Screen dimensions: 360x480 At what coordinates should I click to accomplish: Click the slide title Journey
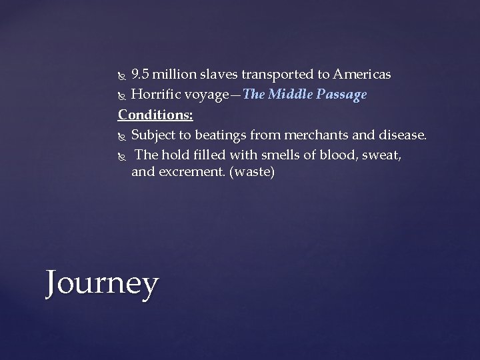pos(102,284)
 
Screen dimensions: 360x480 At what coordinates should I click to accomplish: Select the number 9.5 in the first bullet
pos(142,73)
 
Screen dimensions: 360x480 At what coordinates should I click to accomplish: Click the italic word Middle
pos(294,95)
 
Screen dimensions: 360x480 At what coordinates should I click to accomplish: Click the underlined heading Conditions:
pos(155,115)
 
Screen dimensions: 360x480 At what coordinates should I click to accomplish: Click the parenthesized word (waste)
pos(252,173)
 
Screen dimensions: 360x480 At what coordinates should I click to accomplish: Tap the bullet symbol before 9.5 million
pos(121,74)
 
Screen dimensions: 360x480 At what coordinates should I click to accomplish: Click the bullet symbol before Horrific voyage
pos(121,95)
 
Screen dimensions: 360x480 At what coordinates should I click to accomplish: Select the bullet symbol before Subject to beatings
pos(121,136)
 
